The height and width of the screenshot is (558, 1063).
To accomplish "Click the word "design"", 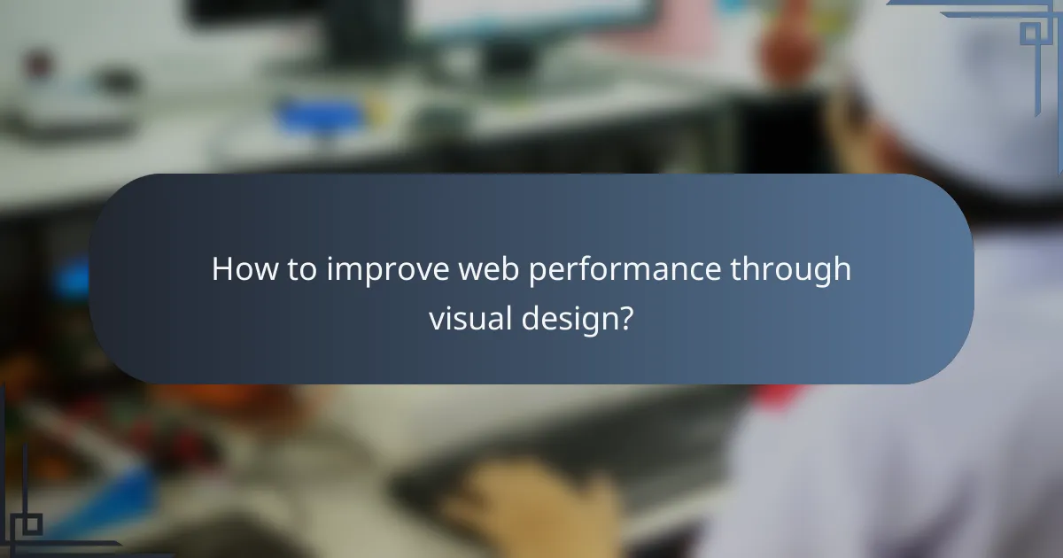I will tap(570, 319).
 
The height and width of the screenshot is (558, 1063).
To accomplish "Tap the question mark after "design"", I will tap(625, 317).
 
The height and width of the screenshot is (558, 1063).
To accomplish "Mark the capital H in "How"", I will tap(221, 269).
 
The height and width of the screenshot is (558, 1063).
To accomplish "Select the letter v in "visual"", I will tap(436, 319).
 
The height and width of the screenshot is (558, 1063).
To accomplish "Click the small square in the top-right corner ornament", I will tap(1030, 33).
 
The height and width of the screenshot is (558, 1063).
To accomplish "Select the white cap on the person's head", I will tap(957, 97).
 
